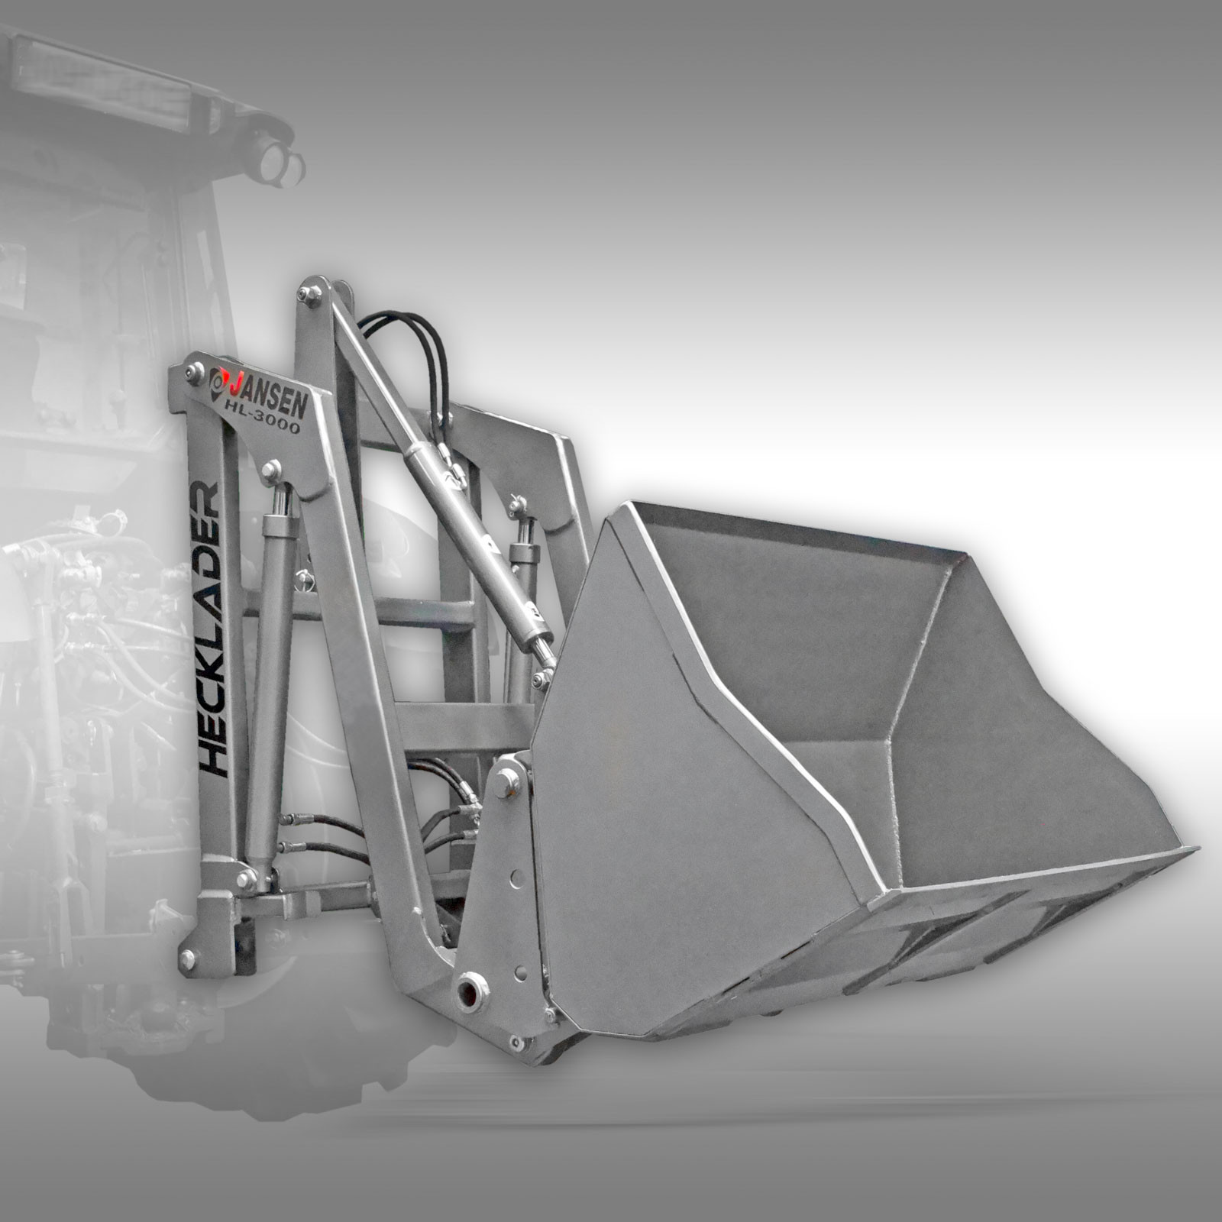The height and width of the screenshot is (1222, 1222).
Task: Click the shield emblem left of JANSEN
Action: [219, 381]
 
